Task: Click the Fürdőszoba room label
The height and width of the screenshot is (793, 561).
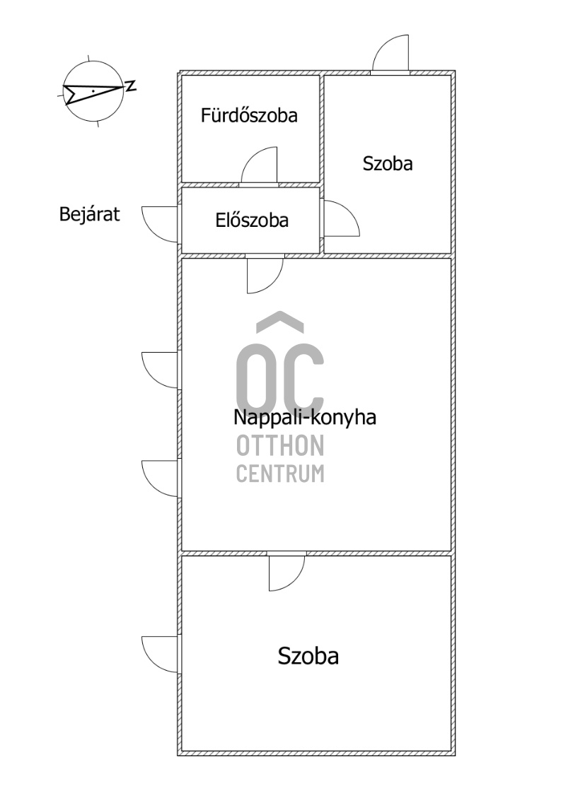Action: pos(249,115)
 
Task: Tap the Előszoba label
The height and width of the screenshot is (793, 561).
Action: pos(252,221)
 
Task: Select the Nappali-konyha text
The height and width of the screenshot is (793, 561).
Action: pos(304,418)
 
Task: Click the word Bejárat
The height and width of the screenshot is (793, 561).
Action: pos(90,214)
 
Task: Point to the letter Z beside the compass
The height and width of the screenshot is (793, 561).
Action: pos(131,86)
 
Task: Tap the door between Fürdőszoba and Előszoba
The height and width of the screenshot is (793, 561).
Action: pos(259,166)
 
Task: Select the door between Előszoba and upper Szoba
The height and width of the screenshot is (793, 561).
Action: pos(341,218)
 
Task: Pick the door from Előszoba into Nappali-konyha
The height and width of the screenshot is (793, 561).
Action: pos(265,275)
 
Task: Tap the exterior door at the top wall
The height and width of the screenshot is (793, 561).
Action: pos(391,54)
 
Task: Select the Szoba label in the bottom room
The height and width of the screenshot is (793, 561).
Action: pos(308,656)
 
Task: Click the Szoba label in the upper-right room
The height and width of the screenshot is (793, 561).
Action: pos(388,164)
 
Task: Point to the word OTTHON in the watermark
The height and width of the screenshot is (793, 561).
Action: pos(280,445)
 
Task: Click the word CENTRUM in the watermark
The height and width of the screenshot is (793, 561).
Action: pos(280,474)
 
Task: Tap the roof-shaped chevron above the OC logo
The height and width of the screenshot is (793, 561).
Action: pos(280,322)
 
